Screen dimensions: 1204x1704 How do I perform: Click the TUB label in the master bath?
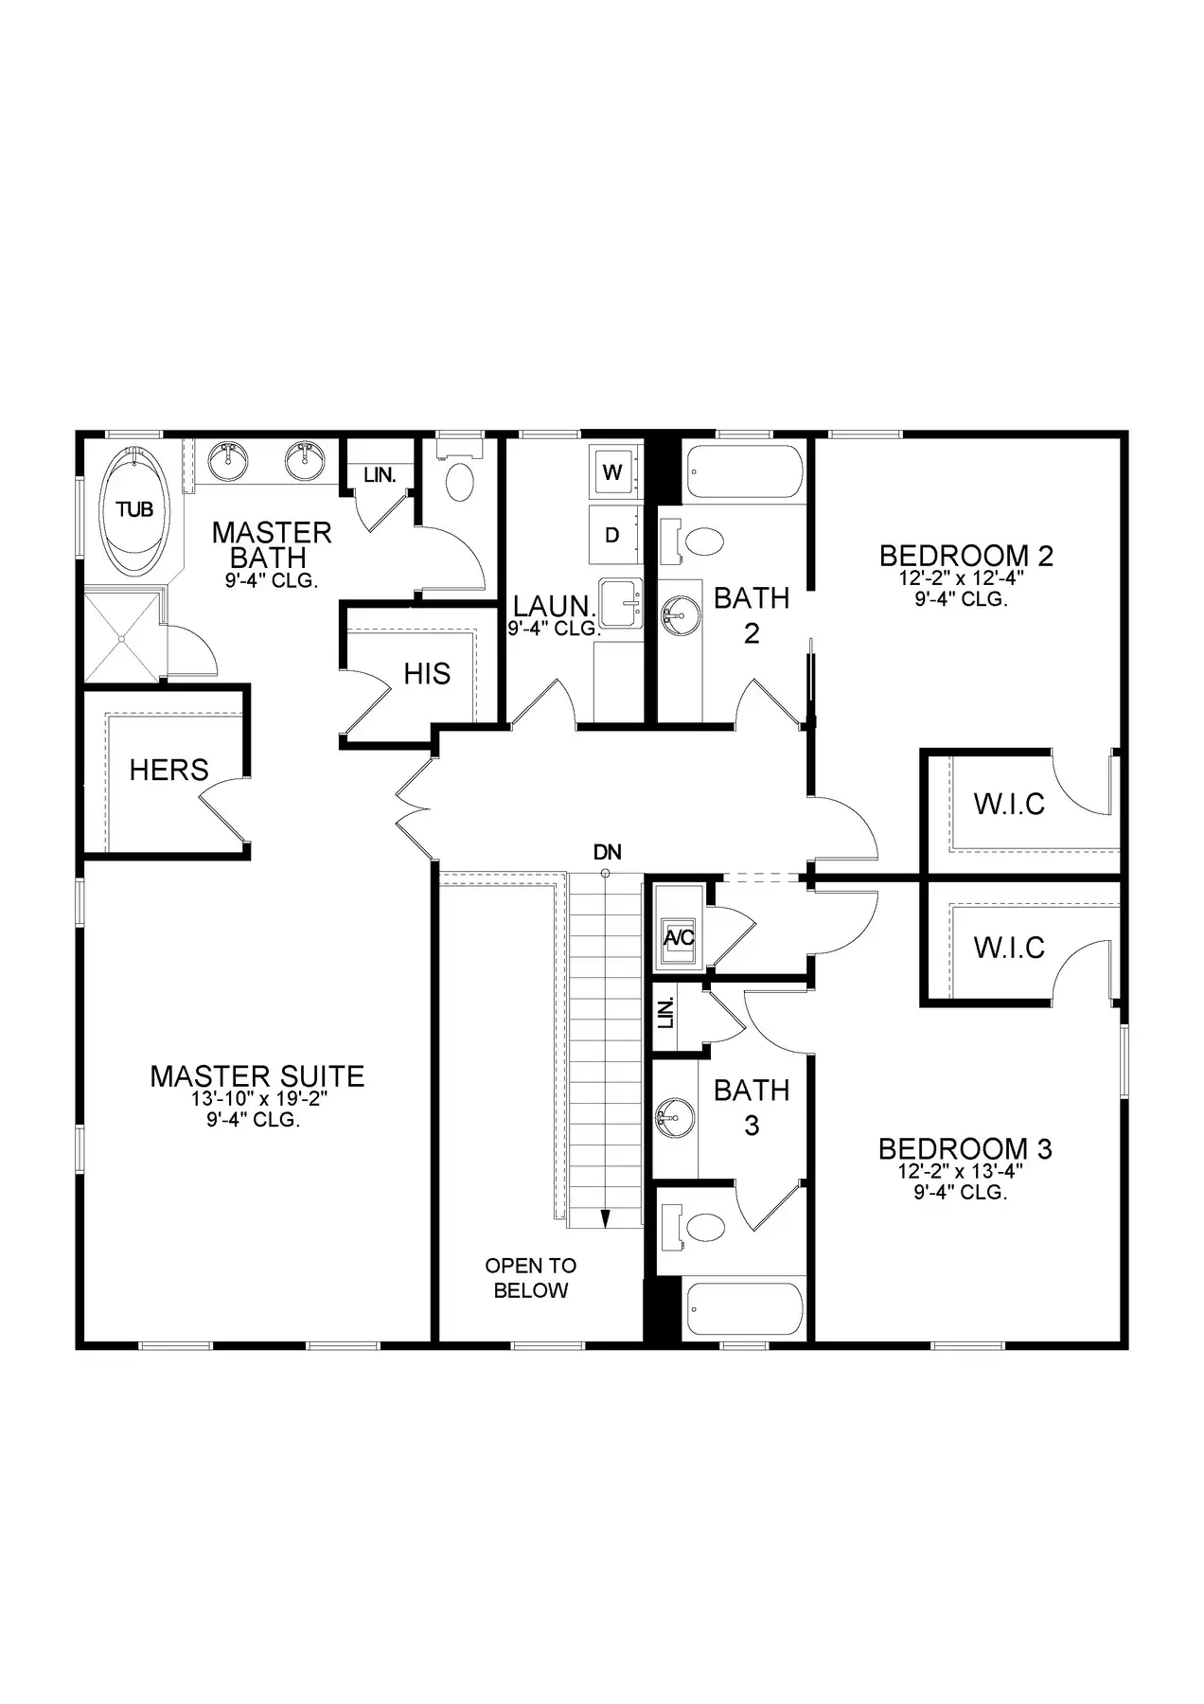coord(134,510)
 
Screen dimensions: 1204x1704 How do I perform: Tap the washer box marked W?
coord(612,471)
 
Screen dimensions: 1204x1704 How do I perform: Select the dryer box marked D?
coord(612,535)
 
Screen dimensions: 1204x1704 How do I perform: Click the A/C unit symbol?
coord(680,938)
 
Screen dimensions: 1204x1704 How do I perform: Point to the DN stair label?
coord(607,852)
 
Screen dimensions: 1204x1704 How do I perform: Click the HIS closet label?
coord(427,674)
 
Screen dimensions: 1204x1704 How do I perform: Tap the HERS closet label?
coord(168,770)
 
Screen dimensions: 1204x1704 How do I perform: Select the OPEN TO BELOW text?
coord(531,1278)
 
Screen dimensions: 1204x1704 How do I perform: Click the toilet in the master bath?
coord(460,473)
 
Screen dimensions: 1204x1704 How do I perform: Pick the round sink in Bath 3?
coord(673,1118)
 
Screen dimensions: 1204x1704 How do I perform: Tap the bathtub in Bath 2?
coord(744,471)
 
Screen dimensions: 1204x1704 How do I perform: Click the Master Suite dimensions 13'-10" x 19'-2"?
coord(257,1099)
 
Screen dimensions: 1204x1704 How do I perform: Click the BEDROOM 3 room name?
coord(965,1149)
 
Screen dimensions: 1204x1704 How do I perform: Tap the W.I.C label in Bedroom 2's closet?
coord(1009,804)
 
